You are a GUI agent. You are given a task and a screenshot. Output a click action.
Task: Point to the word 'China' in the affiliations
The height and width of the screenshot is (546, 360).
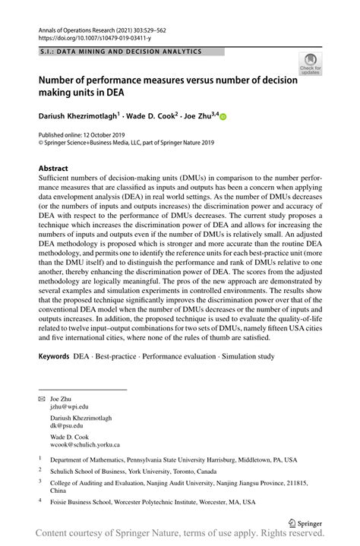click(60, 491)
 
